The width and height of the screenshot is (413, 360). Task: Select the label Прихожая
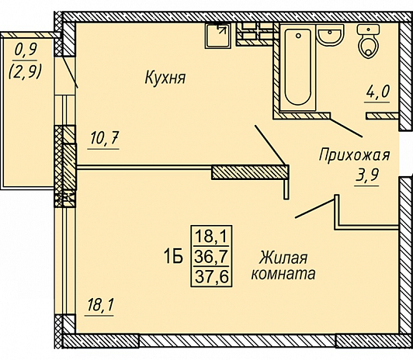(353, 155)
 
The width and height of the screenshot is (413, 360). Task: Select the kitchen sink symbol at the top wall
(217, 36)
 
